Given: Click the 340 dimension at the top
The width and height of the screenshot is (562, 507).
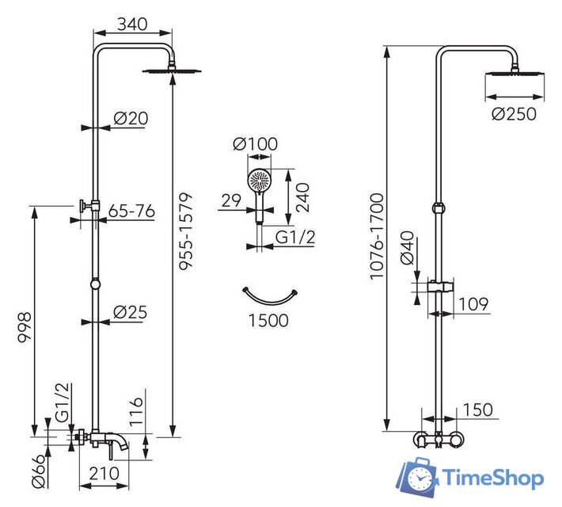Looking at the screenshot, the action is pos(132,24).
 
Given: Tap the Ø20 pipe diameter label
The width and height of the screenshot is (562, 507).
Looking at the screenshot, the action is pos(131,118).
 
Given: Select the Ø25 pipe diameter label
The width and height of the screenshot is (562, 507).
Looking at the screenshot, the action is pos(130,312).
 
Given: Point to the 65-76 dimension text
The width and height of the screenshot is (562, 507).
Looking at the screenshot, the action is pos(131,211).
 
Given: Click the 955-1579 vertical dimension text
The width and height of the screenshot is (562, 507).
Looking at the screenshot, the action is pos(186,231).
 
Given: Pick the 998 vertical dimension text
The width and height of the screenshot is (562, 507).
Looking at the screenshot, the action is pos(25,328).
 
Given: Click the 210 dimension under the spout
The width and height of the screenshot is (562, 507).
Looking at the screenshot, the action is pos(104,474).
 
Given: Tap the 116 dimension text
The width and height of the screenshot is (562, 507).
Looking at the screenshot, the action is pos(136,412).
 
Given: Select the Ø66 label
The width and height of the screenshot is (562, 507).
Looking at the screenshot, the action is pos(39,471).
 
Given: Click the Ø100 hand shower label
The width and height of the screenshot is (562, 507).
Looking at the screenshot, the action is pos(255,144).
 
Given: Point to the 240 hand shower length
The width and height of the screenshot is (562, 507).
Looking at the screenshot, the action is pos(302,197).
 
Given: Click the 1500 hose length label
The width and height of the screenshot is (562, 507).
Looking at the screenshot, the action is pos(268,320).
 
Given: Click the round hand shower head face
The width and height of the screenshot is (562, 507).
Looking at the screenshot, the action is pos(260,181).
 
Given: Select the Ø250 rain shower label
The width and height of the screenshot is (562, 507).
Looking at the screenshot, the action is pos(514,114).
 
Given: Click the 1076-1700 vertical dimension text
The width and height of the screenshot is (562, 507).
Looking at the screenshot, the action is pos(377,236).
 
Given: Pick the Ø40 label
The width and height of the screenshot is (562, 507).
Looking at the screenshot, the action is pos(407,248).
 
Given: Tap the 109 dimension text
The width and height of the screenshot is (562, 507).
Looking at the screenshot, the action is pos(473,304).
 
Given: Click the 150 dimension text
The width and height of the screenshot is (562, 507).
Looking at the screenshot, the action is pos(478,410).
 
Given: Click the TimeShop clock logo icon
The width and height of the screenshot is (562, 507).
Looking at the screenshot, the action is pos(418,478).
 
